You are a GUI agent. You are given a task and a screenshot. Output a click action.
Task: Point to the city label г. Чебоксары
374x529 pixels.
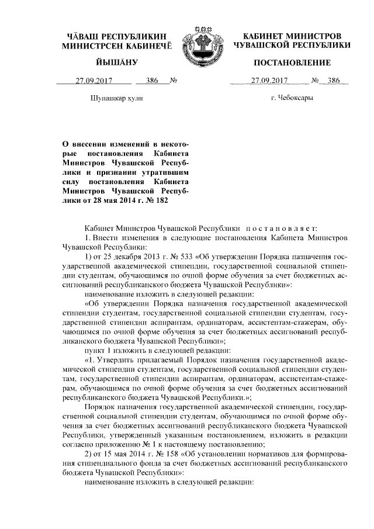point(292,98)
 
